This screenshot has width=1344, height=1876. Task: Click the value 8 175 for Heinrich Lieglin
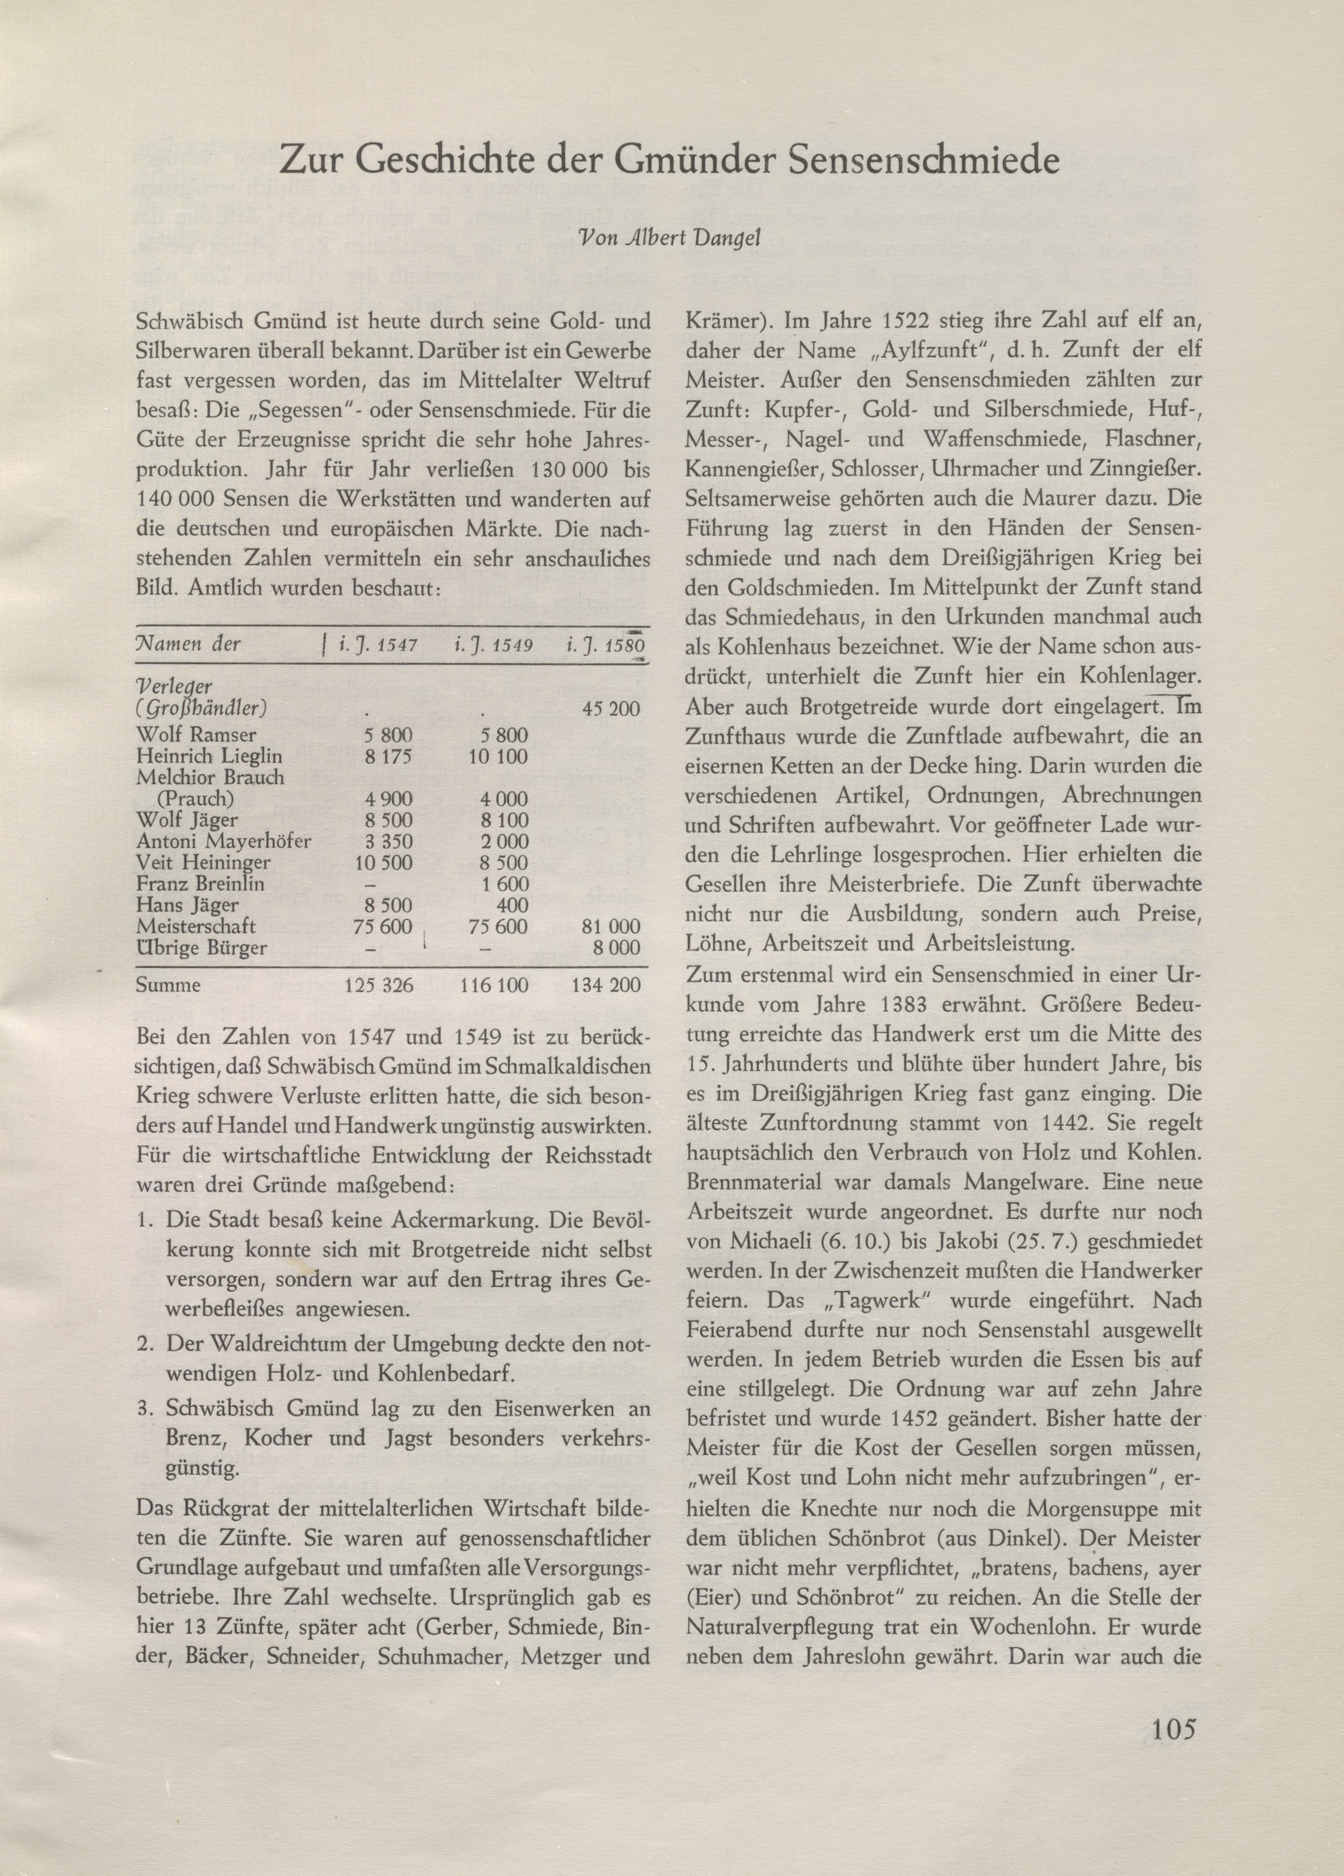[388, 755]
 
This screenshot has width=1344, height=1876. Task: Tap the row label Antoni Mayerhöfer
[224, 842]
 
